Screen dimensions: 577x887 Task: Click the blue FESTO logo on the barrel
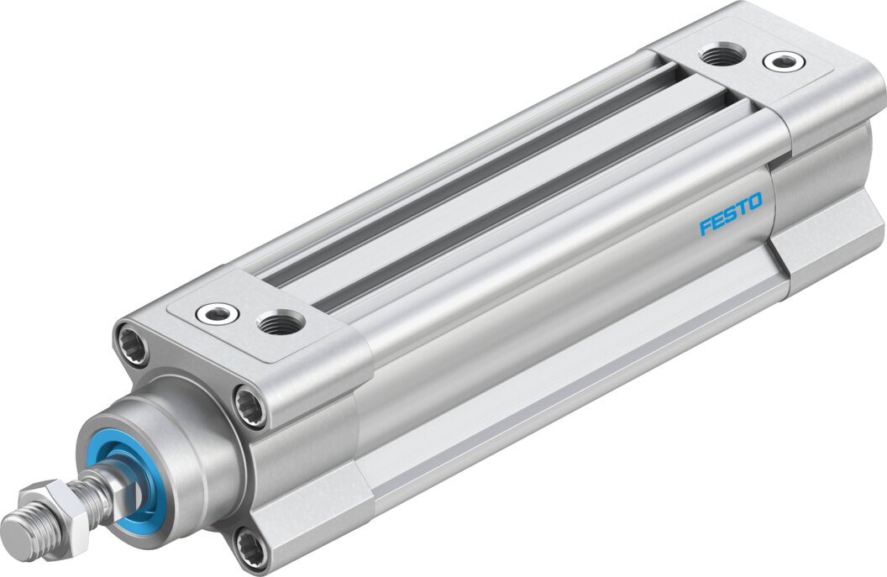click(731, 213)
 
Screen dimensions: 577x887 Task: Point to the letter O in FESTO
click(753, 202)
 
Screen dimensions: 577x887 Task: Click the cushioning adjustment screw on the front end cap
click(217, 313)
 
